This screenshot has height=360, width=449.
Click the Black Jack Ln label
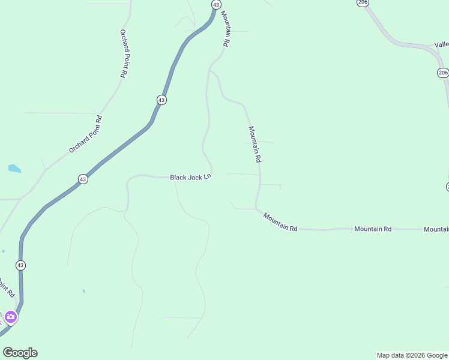click(x=191, y=177)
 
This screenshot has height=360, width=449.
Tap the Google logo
click(x=20, y=353)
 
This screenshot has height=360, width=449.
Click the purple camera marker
click(x=11, y=317)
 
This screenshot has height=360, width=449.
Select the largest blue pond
click(x=14, y=169)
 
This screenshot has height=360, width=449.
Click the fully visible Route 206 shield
click(x=442, y=73)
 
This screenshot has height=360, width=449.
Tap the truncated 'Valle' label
click(x=441, y=45)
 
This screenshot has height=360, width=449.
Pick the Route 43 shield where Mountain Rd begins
click(x=215, y=5)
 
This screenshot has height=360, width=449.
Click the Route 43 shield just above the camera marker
click(x=21, y=265)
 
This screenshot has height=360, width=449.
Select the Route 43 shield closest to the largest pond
click(x=83, y=179)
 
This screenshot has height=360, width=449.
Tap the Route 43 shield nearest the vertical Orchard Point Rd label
click(x=161, y=100)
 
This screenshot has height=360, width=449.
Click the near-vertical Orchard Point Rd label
click(x=123, y=53)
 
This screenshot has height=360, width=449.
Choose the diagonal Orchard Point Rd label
click(x=86, y=134)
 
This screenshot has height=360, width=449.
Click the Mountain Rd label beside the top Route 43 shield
click(x=225, y=29)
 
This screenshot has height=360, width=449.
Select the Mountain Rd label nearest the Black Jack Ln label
click(x=255, y=145)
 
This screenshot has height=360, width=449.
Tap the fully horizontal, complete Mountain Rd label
click(x=372, y=229)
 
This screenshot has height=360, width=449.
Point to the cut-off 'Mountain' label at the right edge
click(x=436, y=229)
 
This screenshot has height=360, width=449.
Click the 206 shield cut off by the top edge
click(x=362, y=2)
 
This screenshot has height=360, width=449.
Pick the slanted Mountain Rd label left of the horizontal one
click(x=280, y=221)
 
